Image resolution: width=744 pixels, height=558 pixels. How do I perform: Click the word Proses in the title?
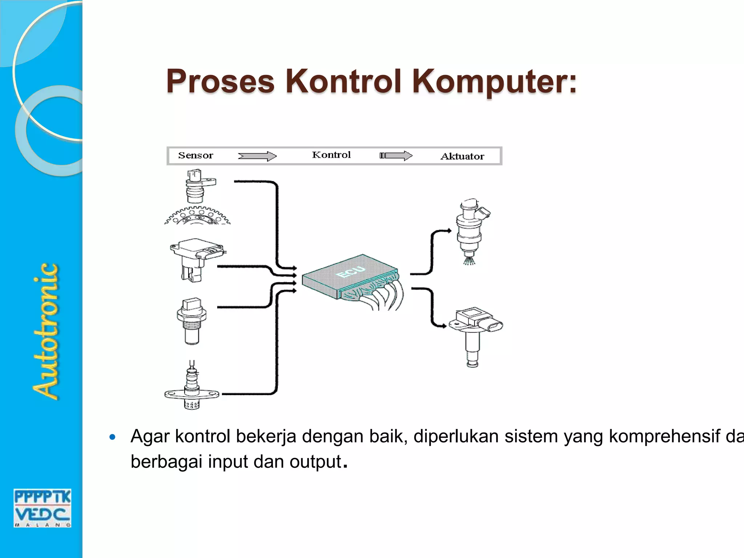[220, 81]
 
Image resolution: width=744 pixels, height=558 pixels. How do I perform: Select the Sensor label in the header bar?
[195, 155]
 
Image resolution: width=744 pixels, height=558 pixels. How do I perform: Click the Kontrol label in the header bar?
[331, 155]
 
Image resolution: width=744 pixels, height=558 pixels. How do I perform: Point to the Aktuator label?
[462, 157]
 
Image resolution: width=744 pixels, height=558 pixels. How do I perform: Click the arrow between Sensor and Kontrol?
[257, 156]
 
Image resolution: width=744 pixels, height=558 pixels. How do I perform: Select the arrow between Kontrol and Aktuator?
[396, 156]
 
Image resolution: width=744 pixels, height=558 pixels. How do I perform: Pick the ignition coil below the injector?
[474, 334]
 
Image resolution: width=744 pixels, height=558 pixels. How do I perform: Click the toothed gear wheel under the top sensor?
[197, 216]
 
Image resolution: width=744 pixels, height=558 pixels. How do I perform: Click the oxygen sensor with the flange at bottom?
[192, 389]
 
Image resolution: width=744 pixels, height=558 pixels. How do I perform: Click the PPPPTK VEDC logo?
[43, 508]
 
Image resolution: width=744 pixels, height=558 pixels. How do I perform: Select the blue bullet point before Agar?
[113, 437]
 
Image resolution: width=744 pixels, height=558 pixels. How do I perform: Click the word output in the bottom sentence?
[315, 462]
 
